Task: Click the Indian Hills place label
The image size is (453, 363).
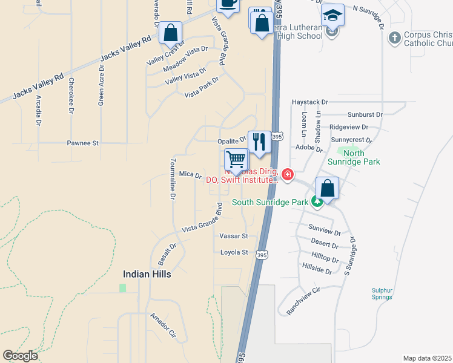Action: point(147,274)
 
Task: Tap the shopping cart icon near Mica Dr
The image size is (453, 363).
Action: point(236,160)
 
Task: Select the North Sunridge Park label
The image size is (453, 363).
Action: point(362,158)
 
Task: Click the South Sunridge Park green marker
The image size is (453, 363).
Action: point(316,203)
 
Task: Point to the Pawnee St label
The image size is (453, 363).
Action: point(82,143)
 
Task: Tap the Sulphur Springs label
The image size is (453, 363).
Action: point(383,293)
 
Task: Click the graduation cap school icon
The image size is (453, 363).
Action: point(332,15)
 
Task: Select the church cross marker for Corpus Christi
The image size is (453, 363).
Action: point(394,38)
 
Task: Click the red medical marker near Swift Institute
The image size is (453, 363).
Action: point(287,176)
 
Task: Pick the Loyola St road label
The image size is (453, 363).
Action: point(234,252)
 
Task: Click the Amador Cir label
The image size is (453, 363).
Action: point(163,325)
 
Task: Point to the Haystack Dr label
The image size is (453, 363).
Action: point(309,103)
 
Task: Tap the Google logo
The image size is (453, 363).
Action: point(21,356)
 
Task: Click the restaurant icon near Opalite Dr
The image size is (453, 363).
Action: point(259,142)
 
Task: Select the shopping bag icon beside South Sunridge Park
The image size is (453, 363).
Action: point(327,188)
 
